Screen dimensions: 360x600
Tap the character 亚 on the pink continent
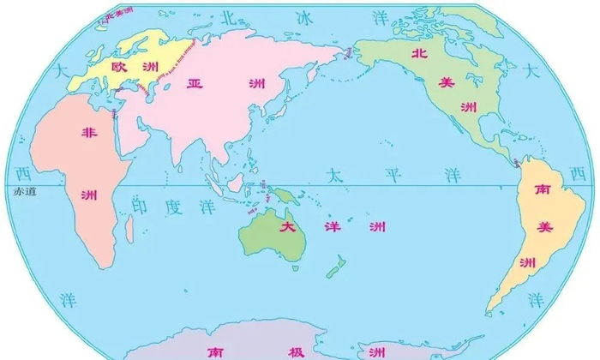pyautogui.click(x=195, y=83)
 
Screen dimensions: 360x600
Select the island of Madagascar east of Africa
pyautogui.click(x=129, y=227)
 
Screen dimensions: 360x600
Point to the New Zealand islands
pyautogui.click(x=335, y=264)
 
